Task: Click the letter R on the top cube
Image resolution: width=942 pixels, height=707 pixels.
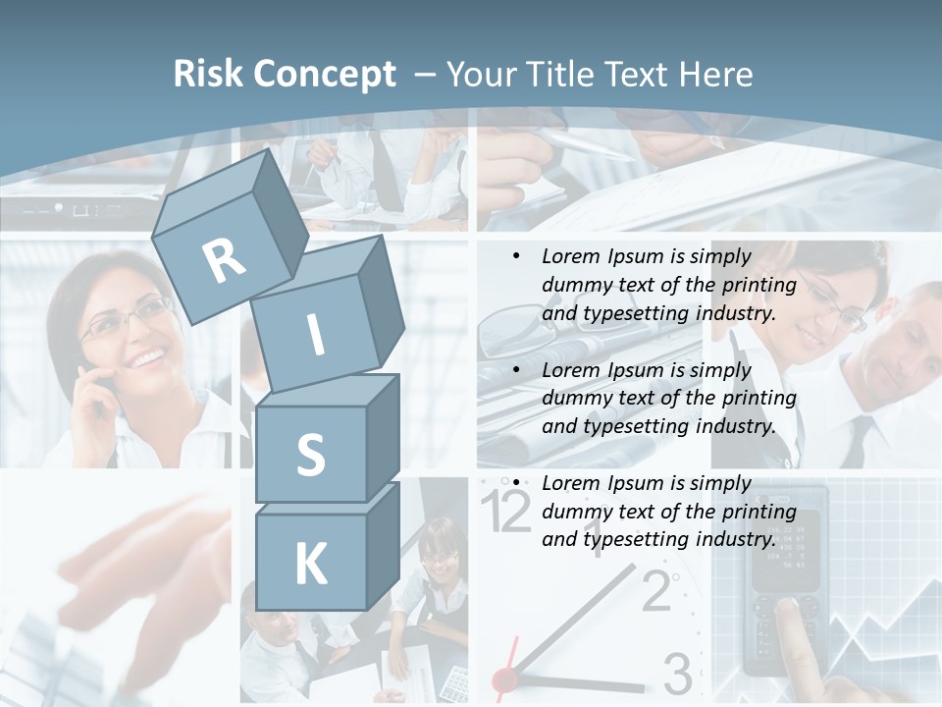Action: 224,260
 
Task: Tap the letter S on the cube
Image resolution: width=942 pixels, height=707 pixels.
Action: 310,455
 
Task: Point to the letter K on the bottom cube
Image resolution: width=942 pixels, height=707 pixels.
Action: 310,564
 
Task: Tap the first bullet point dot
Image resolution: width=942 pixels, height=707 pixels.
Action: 516,256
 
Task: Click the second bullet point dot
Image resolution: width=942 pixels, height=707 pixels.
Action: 516,370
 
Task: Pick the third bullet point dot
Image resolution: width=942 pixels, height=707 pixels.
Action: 516,483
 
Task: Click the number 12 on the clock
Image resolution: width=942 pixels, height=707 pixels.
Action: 506,512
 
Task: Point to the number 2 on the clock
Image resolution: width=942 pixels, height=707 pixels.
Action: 655,590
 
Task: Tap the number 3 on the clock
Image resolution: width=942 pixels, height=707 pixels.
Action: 677,674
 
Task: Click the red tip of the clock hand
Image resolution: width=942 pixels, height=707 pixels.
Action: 504,679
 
